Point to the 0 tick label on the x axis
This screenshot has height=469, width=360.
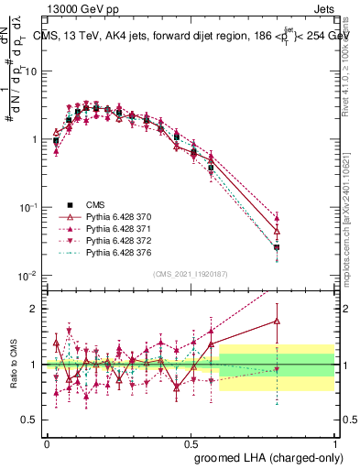[47, 442]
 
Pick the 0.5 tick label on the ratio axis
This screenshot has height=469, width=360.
[31, 420]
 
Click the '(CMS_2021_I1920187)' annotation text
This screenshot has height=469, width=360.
[190, 275]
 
